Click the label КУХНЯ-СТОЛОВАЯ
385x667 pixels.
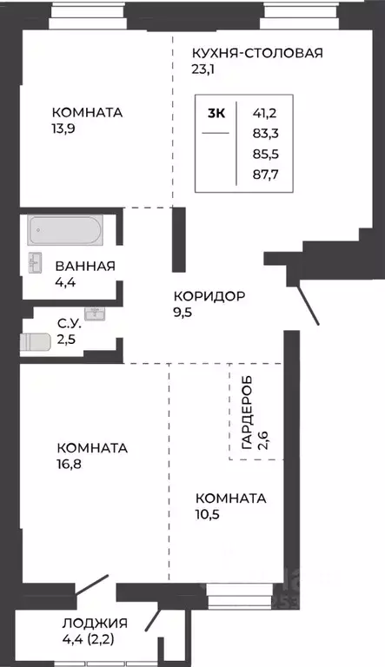257,53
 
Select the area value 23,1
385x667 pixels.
207,70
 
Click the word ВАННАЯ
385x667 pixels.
85,266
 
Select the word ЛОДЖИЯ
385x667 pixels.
95,623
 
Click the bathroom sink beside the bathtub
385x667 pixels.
36,261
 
